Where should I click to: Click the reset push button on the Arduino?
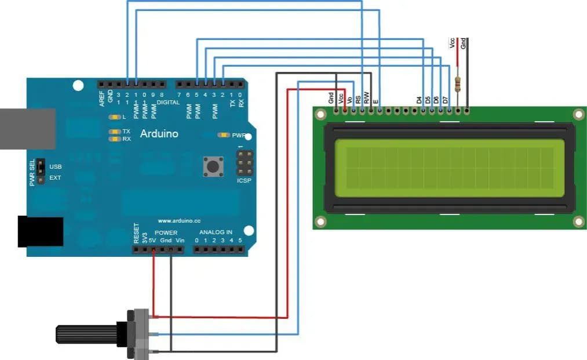click(x=213, y=167)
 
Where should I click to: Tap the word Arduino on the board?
click(x=159, y=134)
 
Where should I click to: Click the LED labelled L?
click(x=113, y=117)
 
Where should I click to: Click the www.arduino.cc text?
click(x=178, y=221)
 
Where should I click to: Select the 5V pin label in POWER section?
click(x=152, y=238)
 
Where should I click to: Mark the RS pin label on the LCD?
click(x=358, y=99)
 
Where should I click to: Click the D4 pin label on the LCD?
click(x=419, y=100)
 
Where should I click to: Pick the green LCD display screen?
click(x=449, y=168)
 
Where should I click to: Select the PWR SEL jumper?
click(x=41, y=172)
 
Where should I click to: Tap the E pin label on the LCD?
click(x=376, y=101)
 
